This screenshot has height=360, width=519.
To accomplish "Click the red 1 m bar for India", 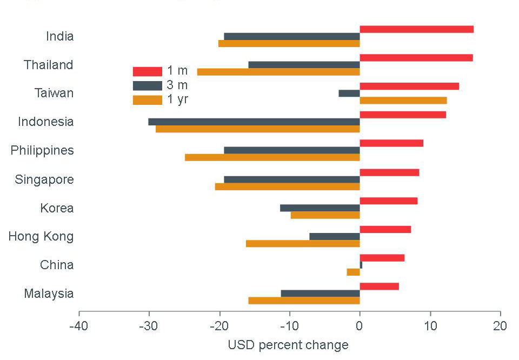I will coord(416,29).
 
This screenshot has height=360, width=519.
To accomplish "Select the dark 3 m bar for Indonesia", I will coord(254,122).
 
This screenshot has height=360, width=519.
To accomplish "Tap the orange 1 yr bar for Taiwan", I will coord(403,101).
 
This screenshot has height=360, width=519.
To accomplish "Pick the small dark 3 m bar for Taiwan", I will coord(349,93).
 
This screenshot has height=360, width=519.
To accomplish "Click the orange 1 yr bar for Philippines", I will coord(272,157).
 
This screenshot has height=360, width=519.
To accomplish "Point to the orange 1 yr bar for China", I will coord(354,272).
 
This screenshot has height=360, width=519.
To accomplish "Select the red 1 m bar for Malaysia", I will coord(379,286).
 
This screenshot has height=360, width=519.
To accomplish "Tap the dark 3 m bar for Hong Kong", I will coord(335,236).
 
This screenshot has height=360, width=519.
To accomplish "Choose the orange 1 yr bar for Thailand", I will coord(278,72).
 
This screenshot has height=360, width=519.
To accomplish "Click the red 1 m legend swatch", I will coord(147,71).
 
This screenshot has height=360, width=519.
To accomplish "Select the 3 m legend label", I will coord(178,85).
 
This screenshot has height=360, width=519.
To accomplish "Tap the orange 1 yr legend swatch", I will coord(147,99).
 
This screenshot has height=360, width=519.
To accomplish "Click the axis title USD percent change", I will coord(288,345).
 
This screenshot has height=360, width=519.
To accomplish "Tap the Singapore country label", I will coord(44,179).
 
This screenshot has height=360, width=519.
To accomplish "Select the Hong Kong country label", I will coord(41,236).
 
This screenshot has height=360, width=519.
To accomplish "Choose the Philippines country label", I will coord(42,150).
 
